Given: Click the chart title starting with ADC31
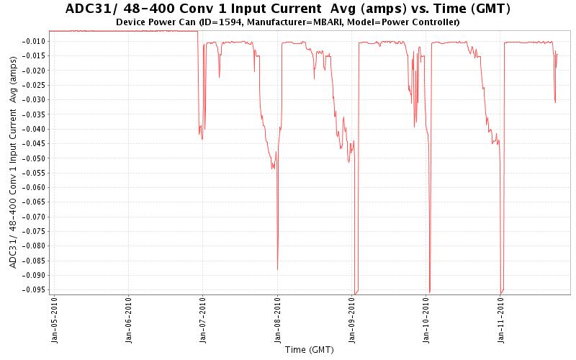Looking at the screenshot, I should [x=288, y=9].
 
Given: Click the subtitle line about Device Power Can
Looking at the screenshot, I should [x=288, y=22].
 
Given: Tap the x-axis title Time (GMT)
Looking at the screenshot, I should [x=309, y=350].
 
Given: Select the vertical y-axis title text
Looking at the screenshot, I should [x=14, y=163].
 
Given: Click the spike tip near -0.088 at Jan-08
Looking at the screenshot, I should [x=278, y=269].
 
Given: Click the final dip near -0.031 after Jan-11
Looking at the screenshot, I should [x=555, y=102].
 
